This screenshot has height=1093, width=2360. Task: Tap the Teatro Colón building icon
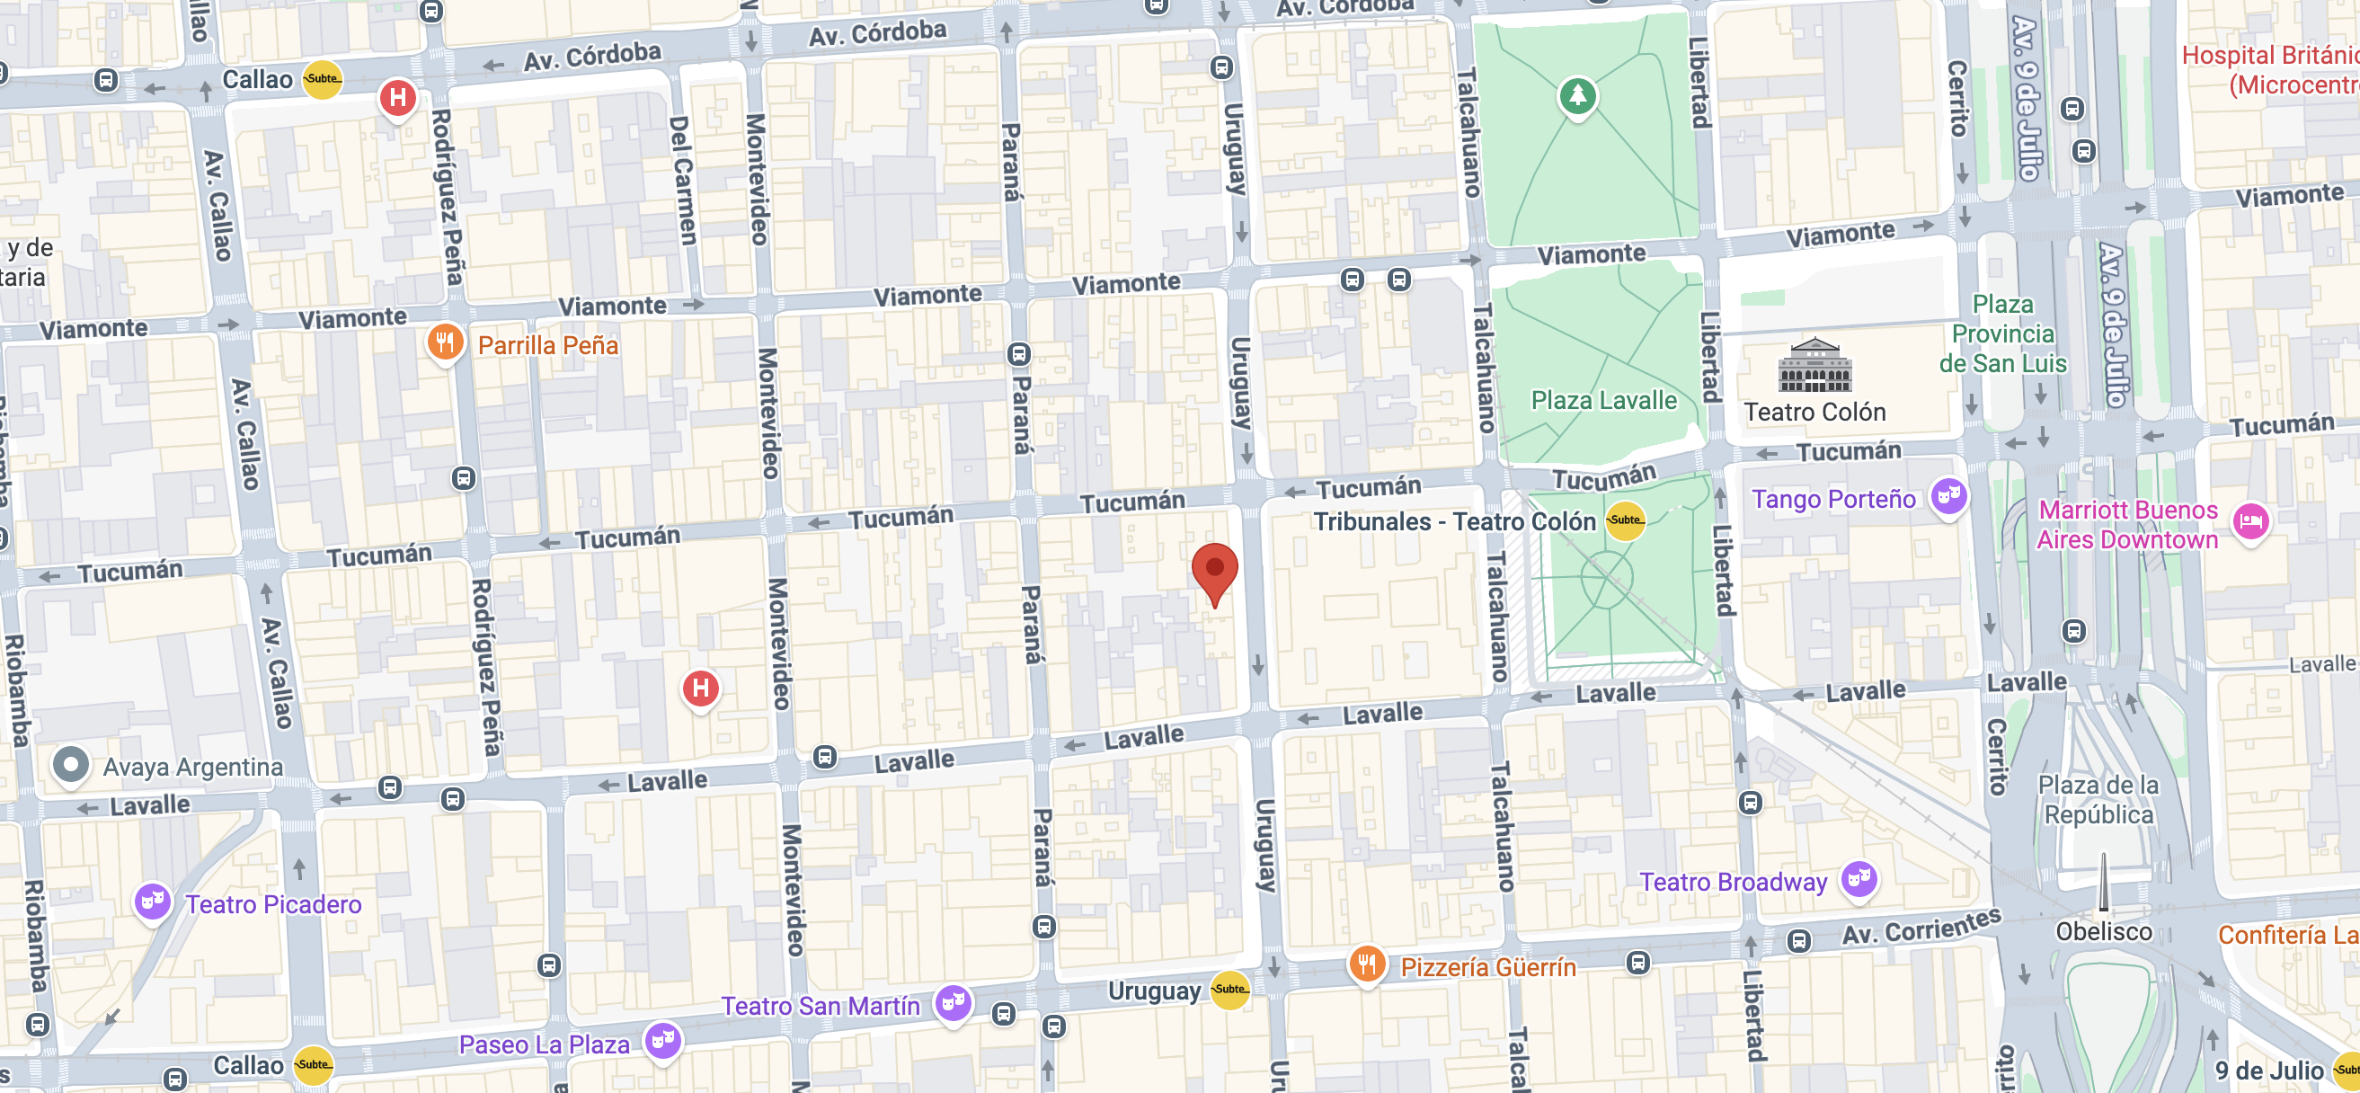click(x=1814, y=366)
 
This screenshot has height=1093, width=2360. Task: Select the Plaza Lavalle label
click(x=1603, y=400)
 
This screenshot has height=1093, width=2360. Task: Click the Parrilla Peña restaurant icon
click(x=444, y=343)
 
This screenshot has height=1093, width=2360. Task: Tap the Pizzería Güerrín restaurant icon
click(x=1366, y=964)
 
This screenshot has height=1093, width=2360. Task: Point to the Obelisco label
click(x=2104, y=932)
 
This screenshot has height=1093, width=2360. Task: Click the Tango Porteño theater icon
click(x=1948, y=496)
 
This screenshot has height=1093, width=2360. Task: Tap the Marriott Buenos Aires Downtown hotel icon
click(x=2250, y=522)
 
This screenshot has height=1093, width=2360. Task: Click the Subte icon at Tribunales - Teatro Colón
click(x=1625, y=520)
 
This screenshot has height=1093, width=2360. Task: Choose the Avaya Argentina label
click(x=192, y=767)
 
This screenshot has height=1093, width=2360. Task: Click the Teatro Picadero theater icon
click(x=152, y=902)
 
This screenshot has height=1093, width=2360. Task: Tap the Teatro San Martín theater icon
click(x=953, y=1003)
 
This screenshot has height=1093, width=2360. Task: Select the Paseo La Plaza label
click(x=545, y=1044)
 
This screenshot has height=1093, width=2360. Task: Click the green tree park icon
click(x=1577, y=95)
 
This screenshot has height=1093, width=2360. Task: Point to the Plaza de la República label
click(x=2098, y=800)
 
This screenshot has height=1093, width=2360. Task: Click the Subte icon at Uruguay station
click(x=1229, y=990)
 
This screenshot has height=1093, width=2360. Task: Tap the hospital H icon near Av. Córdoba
click(x=397, y=97)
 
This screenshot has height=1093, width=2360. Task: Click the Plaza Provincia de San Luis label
click(x=2002, y=333)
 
